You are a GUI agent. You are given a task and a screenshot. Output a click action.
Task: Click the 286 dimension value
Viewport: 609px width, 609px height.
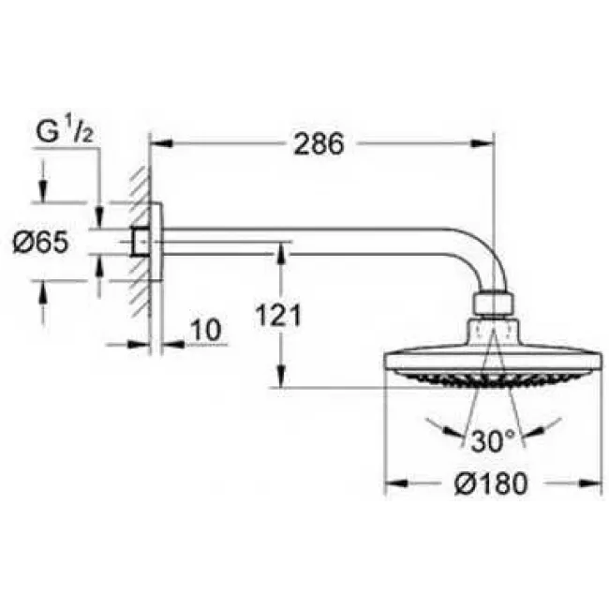319,144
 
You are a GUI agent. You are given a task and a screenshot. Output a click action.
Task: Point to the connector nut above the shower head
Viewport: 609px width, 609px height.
494,305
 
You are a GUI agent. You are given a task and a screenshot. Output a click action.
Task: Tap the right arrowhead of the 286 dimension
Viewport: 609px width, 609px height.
486,144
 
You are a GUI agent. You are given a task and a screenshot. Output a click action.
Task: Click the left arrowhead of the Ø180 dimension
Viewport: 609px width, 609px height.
393,483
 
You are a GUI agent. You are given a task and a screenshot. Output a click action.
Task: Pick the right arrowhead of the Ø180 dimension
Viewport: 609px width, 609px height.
596,483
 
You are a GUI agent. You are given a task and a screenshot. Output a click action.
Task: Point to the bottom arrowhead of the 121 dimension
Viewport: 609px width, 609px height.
279,381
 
